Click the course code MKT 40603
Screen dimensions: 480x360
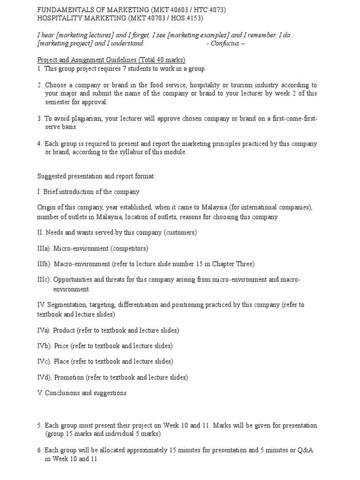tap(172, 10)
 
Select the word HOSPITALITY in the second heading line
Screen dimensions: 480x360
tap(59, 18)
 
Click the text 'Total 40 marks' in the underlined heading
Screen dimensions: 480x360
tap(161, 60)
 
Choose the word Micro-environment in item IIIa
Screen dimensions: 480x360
tap(82, 248)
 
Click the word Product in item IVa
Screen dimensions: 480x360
tap(64, 330)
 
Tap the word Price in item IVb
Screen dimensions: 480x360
tap(61, 346)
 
